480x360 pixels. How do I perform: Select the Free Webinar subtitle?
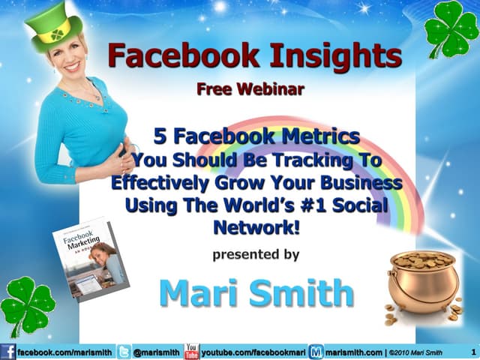pyautogui.click(x=250, y=90)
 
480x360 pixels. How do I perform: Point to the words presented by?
pyautogui.click(x=256, y=254)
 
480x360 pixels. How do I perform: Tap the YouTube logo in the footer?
pyautogui.click(x=191, y=351)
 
